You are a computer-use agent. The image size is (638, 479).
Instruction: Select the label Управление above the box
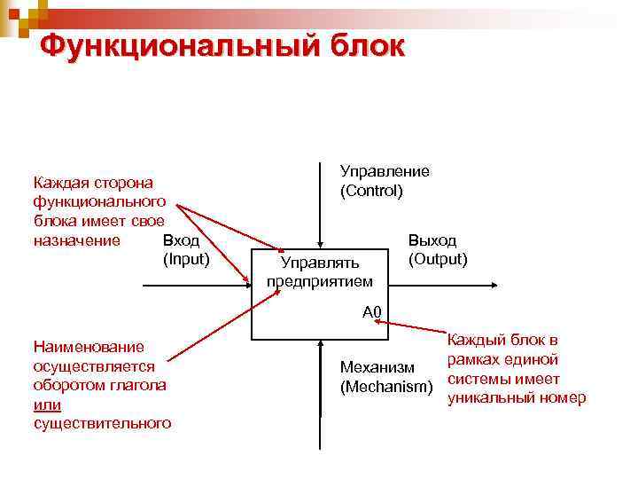point(385,171)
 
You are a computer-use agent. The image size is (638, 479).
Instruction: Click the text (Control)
point(370,191)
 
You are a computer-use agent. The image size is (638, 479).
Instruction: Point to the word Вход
point(182,240)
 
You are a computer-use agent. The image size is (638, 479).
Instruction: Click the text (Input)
point(185,259)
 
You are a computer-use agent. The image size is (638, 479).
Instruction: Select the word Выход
point(432,240)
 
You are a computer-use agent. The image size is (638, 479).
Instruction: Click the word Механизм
point(377,368)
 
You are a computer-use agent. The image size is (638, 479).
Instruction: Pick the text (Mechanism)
point(386,388)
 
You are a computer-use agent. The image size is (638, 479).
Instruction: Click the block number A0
point(371,311)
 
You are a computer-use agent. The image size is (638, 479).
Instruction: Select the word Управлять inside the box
point(319,263)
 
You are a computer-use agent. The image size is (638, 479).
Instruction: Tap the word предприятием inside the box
point(319,281)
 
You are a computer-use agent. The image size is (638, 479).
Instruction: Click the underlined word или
point(46,404)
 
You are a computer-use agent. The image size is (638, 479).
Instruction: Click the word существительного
point(101,424)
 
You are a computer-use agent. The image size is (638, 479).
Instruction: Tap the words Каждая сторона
point(92,183)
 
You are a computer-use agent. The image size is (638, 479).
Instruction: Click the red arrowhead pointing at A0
point(378,323)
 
